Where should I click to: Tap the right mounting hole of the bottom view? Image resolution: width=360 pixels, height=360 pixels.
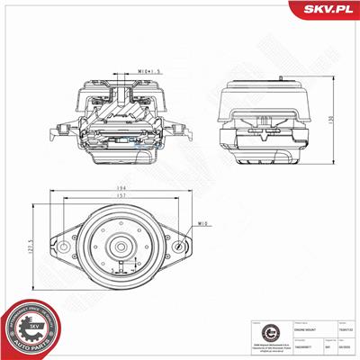point(184,249)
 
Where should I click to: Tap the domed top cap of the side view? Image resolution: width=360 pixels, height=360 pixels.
point(265,86)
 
